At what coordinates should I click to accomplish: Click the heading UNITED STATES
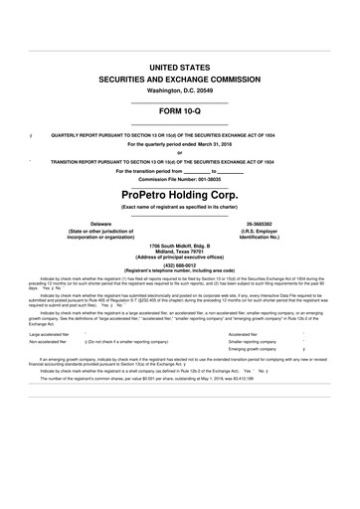[180, 64]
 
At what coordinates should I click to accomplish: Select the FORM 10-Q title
[180, 110]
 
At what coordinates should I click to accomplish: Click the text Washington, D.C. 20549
[180, 89]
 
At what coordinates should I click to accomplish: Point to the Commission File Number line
[180, 179]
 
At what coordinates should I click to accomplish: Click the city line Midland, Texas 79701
[180, 252]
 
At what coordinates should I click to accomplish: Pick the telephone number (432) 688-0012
[180, 264]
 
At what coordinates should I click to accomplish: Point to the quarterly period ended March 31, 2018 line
[180, 143]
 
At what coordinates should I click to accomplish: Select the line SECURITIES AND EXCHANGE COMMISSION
[180, 77]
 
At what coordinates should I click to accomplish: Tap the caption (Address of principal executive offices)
[180, 257]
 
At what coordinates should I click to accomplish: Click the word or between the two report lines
[180, 152]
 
